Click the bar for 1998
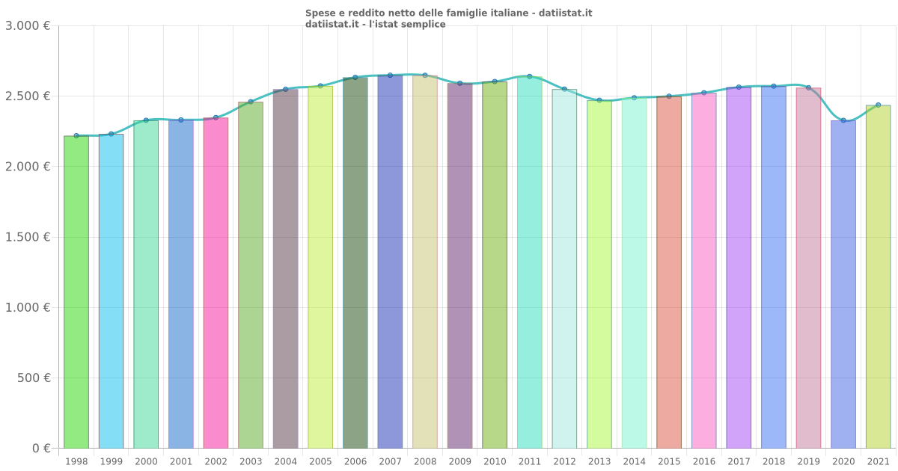pyautogui.click(x=76, y=292)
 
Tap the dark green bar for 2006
pyautogui.click(x=355, y=262)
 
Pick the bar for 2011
pyautogui.click(x=530, y=262)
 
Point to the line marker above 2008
pyautogui.click(x=425, y=76)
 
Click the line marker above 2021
pyautogui.click(x=878, y=105)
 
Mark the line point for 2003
pyautogui.click(x=251, y=102)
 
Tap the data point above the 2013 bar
pyautogui.click(x=599, y=100)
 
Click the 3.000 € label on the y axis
pyautogui.click(x=28, y=26)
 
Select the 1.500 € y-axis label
pyautogui.click(x=28, y=237)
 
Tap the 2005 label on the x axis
pyautogui.click(x=320, y=462)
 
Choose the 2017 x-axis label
pyautogui.click(x=739, y=462)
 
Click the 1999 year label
pyautogui.click(x=112, y=462)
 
